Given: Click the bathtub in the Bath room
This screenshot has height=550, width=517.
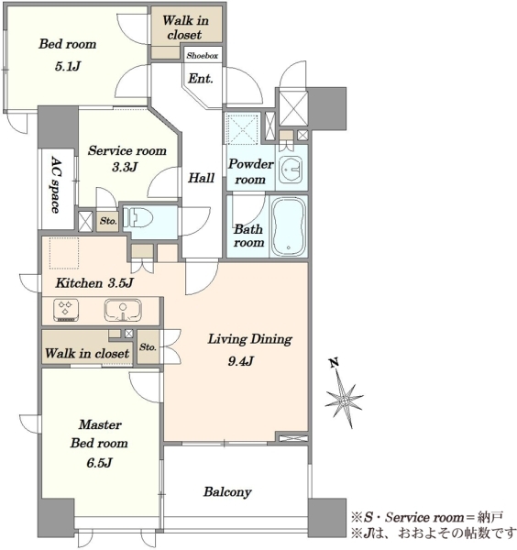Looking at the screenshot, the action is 289,226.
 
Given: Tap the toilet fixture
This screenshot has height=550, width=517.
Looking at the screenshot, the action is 138,218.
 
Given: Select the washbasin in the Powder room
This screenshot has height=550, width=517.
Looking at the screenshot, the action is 291,169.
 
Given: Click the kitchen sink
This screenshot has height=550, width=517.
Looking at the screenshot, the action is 123,310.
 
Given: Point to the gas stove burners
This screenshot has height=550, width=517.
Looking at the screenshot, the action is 66,310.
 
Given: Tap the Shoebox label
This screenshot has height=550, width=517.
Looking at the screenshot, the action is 202,55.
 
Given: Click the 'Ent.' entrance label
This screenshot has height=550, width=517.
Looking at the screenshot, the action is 200,78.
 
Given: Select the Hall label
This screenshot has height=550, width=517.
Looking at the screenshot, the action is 201,178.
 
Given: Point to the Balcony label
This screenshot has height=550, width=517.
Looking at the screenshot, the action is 227,491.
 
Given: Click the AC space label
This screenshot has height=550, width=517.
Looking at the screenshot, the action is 55,184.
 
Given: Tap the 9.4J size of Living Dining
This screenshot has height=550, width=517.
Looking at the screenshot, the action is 240,360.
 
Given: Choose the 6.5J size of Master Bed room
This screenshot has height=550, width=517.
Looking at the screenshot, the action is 99,463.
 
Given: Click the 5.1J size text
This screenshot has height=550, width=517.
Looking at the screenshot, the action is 68,66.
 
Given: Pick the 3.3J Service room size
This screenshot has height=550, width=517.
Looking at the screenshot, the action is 125,167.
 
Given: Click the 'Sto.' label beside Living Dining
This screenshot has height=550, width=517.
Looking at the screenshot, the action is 148,346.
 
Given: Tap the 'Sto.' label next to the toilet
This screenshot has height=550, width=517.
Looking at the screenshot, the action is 108,221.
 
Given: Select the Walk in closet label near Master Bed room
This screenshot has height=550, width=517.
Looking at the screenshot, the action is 87,353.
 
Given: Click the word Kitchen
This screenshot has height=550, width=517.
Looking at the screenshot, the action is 79,282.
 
